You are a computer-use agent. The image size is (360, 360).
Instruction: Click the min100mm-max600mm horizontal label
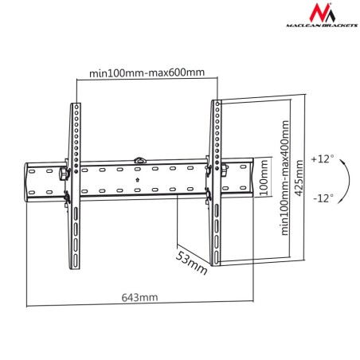[x=147, y=73]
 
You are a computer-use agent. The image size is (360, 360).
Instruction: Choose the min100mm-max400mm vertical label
[x=281, y=178]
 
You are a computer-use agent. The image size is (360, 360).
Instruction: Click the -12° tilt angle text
[x=321, y=197]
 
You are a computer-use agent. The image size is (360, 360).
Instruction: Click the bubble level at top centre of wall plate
[x=140, y=160]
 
